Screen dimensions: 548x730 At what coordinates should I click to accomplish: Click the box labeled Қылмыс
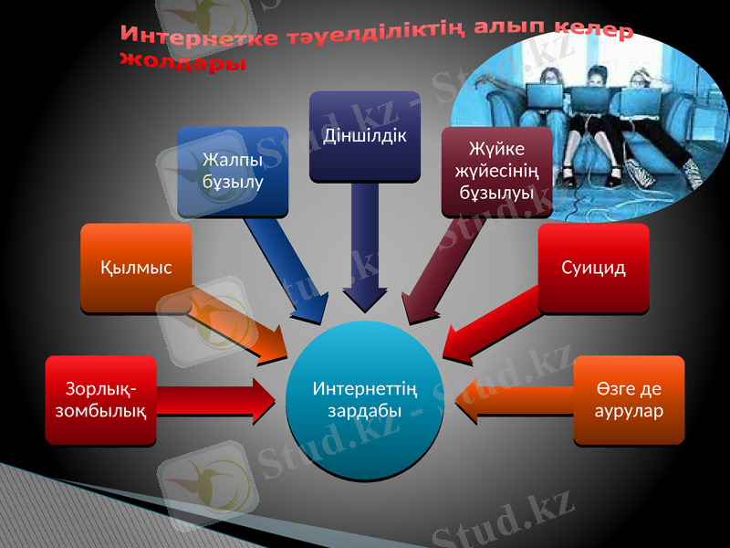coord(136,268)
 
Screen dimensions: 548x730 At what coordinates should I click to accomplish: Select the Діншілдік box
coord(364,134)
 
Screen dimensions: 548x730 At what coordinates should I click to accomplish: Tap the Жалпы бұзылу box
coord(233,171)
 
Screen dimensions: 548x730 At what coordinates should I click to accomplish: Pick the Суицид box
coord(593,268)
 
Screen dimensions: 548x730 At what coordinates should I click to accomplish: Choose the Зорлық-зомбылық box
coord(99,400)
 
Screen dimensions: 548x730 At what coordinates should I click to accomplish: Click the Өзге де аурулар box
coord(629,400)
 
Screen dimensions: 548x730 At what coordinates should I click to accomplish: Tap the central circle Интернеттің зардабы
coord(365,400)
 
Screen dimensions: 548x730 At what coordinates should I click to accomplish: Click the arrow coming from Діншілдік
coord(364,247)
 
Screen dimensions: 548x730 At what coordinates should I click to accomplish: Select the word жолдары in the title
coord(182,62)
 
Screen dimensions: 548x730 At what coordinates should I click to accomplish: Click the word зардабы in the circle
coord(365,410)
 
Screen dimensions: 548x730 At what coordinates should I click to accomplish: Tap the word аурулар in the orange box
coord(629,410)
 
